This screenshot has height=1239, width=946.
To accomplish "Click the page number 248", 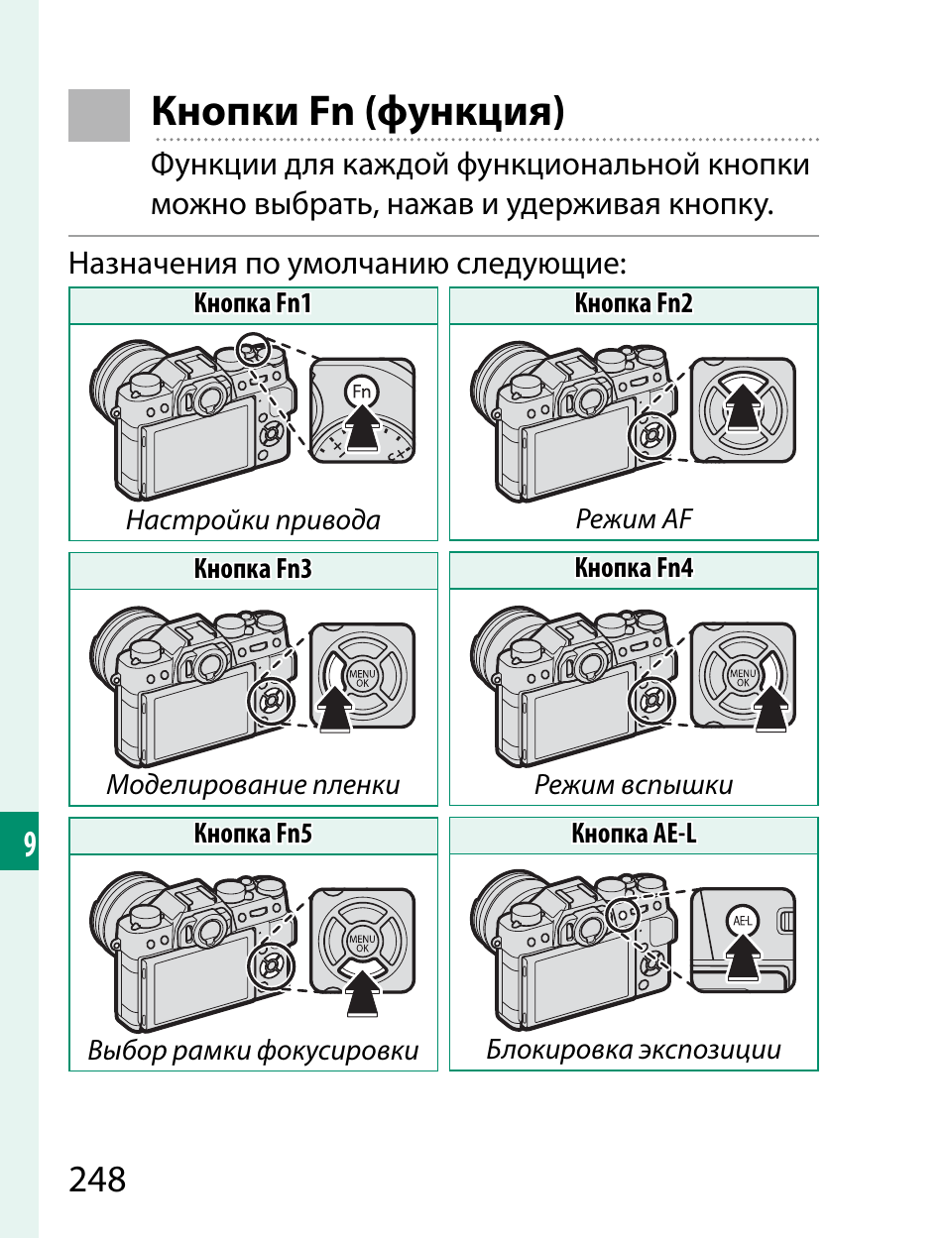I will (x=97, y=1180).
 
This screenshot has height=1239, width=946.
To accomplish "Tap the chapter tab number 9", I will (x=29, y=843).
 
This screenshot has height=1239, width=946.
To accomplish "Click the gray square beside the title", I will (x=99, y=115).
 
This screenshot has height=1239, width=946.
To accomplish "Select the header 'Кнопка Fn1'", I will (x=253, y=304).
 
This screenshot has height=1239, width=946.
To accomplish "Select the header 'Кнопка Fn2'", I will (x=634, y=304).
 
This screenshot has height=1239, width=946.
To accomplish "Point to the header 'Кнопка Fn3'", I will (x=253, y=569).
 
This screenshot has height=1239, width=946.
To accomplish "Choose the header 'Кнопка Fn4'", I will (x=634, y=569).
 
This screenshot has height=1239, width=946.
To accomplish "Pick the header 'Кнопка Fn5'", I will (x=253, y=835).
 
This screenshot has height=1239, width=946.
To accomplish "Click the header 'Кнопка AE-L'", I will (x=634, y=835).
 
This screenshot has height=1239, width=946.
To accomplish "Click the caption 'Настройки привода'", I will (x=253, y=520).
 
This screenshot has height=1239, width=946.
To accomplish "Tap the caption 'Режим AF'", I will (x=634, y=519).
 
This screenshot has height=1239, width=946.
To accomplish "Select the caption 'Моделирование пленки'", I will (x=253, y=785).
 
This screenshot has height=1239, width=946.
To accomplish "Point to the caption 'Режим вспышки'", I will (x=634, y=785).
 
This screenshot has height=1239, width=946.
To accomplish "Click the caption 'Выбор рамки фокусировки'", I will (x=253, y=1051).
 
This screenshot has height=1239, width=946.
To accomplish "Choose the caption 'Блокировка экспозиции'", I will (x=634, y=1050).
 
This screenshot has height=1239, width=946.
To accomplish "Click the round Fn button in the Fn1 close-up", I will (x=362, y=392).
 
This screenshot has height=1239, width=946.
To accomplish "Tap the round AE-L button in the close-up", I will (x=742, y=921).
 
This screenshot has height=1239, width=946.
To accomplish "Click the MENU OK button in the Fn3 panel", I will (x=362, y=677).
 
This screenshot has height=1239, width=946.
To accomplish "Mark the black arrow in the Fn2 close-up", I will (x=743, y=408).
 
